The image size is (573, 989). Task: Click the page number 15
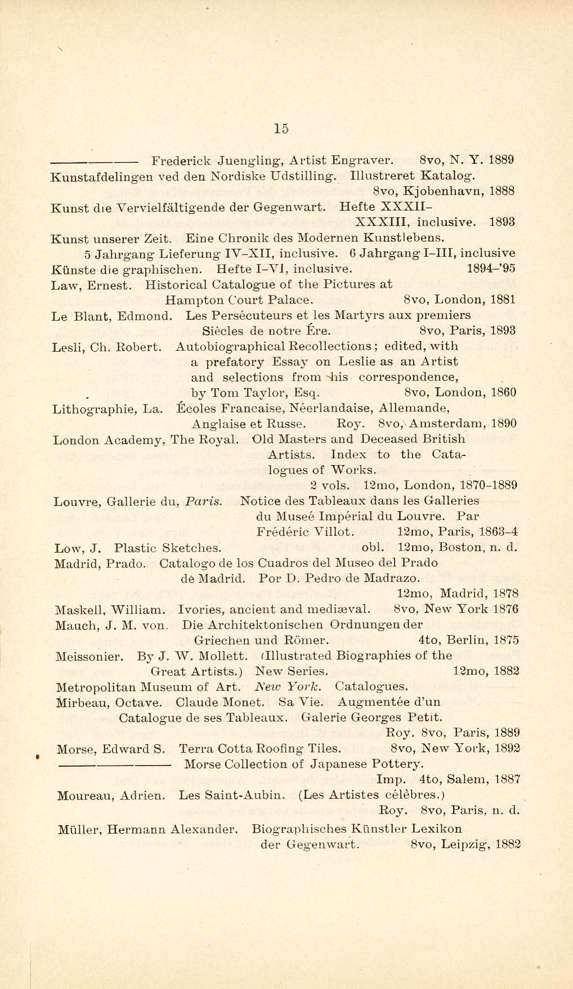pyautogui.click(x=281, y=128)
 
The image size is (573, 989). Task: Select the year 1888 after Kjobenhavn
pyautogui.click(x=502, y=191)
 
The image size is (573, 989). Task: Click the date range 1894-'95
pyautogui.click(x=491, y=269)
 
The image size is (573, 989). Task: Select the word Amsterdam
pyautogui.click(x=446, y=424)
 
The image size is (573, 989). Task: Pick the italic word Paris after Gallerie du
pyautogui.click(x=204, y=501)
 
